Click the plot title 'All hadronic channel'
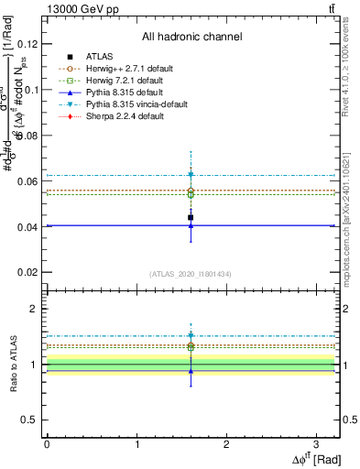(191, 37)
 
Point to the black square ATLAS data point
(191, 217)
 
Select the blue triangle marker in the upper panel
(191, 225)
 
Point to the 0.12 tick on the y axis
(30, 44)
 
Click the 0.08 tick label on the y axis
(30, 136)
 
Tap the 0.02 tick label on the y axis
(30, 273)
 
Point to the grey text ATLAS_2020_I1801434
(191, 274)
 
